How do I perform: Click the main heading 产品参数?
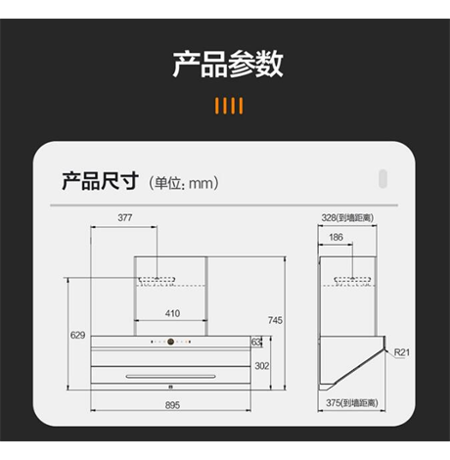228,64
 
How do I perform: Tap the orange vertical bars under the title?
229,106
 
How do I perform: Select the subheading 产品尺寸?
101,181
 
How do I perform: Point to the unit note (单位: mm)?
184,183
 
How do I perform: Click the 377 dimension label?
125,217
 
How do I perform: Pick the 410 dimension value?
172,313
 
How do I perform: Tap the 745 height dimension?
275,320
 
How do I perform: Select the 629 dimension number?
77,335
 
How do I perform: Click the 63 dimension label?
256,342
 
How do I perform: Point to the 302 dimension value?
262,366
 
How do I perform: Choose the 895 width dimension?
172,405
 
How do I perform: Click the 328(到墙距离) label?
347,217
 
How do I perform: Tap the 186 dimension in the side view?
336,237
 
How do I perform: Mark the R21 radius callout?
402,352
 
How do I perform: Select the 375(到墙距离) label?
352,403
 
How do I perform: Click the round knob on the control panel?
170,342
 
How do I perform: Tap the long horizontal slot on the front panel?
171,377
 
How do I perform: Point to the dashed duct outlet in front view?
157,281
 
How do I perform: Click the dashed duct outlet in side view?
352,281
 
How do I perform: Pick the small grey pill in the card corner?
382,179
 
